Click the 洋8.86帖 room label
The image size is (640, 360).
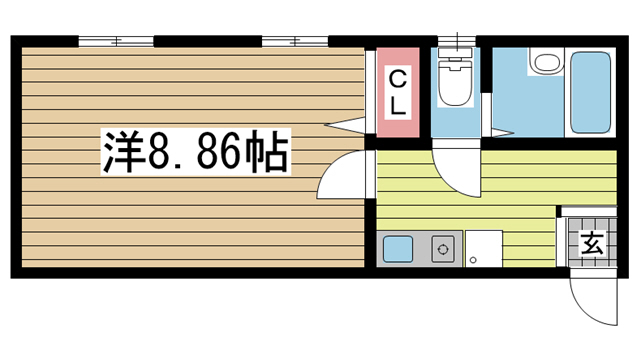click(195, 152)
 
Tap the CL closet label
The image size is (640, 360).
click(397, 92)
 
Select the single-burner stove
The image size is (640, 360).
click(441, 248)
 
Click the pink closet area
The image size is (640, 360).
click(397, 91)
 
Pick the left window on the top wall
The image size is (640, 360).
click(116, 42)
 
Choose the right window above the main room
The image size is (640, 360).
click(295, 42)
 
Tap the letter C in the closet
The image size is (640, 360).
click(397, 79)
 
